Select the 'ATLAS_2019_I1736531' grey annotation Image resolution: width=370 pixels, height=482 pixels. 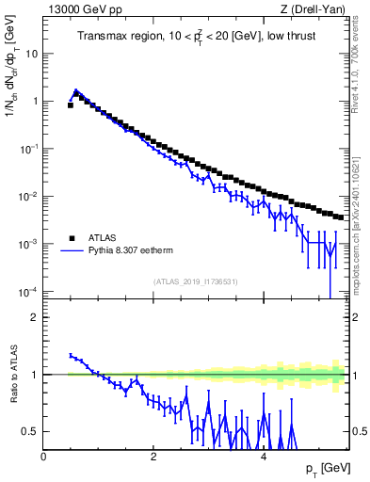(x=196, y=281)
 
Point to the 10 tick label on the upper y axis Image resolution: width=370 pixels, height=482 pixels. (x=32, y=54)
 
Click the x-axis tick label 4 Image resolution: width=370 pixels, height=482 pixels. (x=263, y=456)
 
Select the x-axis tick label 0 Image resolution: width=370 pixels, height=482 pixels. (x=43, y=456)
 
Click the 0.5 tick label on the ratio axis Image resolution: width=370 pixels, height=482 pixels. (x=32, y=432)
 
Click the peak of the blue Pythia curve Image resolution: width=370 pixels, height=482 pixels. (x=76, y=91)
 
